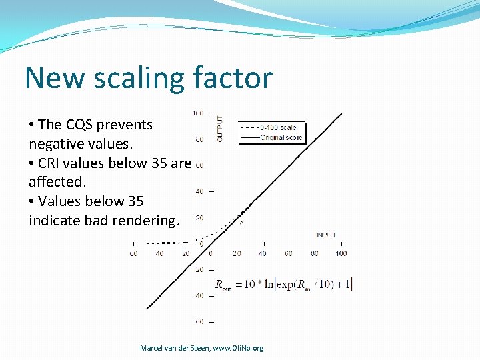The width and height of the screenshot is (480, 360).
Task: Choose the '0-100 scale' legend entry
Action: click(278, 127)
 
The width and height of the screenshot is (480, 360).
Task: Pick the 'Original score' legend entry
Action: click(281, 138)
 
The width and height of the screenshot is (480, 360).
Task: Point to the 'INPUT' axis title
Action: click(326, 235)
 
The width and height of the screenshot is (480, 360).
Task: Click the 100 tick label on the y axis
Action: click(199, 113)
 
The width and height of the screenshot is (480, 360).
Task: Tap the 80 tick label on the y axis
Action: click(199, 139)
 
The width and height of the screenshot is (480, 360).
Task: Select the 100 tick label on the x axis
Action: click(341, 253)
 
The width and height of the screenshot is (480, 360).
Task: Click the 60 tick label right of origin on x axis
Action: click(289, 253)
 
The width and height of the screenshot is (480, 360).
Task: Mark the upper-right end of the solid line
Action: click(342, 114)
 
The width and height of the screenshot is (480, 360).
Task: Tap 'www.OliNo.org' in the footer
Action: click(238, 348)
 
